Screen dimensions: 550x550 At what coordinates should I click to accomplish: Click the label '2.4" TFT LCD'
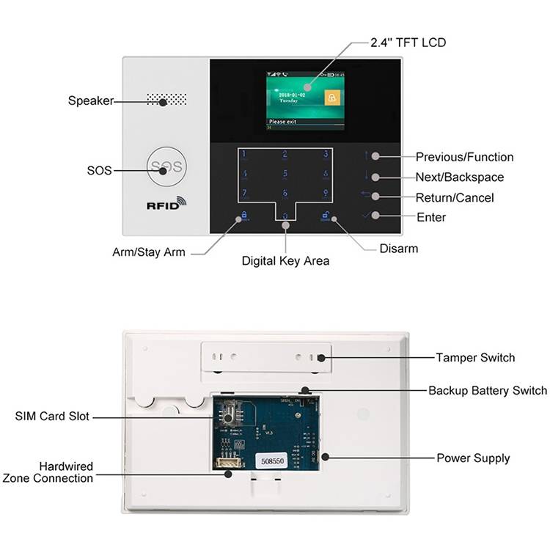pyautogui.click(x=408, y=43)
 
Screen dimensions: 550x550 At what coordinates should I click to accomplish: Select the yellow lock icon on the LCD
pyautogui.click(x=333, y=98)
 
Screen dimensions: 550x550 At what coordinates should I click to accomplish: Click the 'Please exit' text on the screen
pyautogui.click(x=283, y=122)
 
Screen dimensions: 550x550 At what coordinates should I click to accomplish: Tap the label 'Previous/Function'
pyautogui.click(x=464, y=157)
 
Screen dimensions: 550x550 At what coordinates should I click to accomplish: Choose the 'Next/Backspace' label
pyautogui.click(x=460, y=177)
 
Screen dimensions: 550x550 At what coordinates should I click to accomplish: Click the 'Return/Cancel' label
pyautogui.click(x=455, y=197)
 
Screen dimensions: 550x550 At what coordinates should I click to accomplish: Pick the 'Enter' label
pyautogui.click(x=430, y=217)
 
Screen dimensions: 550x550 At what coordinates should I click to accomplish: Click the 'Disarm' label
pyautogui.click(x=398, y=249)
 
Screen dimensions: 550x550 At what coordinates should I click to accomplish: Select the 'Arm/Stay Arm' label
pyautogui.click(x=149, y=252)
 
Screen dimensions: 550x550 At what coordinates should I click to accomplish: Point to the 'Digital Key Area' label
pyautogui.click(x=285, y=260)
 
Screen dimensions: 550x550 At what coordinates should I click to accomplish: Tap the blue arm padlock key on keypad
pyautogui.click(x=242, y=216)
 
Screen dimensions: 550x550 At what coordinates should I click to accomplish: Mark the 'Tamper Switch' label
pyautogui.click(x=475, y=358)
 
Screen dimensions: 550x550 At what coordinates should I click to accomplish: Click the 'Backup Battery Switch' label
pyautogui.click(x=487, y=390)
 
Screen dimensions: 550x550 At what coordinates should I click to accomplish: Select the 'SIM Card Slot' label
pyautogui.click(x=52, y=417)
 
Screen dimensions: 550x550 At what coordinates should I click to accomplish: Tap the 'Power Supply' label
pyautogui.click(x=473, y=458)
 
